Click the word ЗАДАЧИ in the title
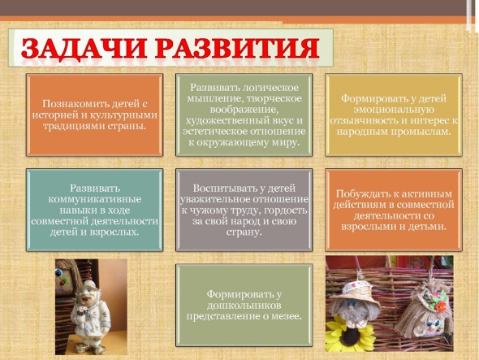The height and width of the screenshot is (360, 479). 83,48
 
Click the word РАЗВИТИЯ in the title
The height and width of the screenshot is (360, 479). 237,48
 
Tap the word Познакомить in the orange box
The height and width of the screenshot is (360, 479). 75,104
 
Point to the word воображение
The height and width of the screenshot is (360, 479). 244,110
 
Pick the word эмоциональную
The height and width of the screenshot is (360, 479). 394,110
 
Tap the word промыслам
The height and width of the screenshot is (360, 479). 422,132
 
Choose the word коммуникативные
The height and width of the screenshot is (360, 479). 95,199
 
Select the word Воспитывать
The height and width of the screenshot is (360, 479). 226,188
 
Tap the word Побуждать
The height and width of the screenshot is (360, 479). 359,194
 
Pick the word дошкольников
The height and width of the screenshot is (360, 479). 244,306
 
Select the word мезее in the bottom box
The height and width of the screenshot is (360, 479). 285,317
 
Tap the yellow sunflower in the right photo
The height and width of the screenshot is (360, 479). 347,333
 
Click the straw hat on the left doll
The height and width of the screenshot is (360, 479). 354,291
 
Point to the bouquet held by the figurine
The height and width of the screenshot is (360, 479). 82,310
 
